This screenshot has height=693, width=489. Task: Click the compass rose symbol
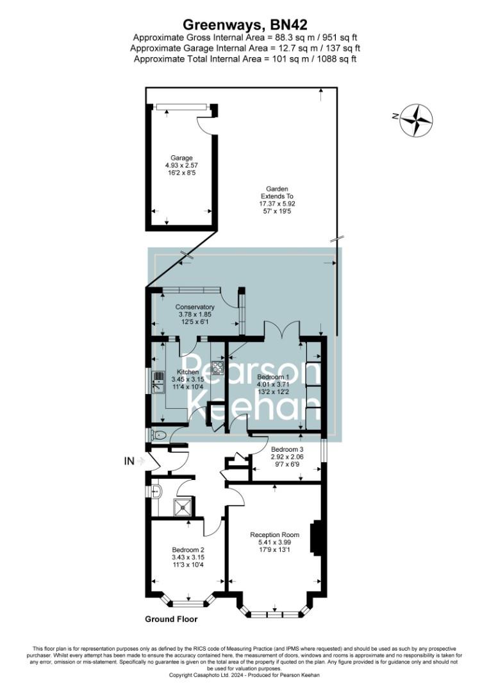(x=417, y=120)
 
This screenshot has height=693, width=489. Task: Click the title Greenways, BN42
(x=245, y=25)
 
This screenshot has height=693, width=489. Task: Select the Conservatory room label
(x=195, y=307)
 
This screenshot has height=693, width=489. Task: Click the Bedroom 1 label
(x=273, y=377)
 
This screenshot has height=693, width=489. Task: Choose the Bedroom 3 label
(x=286, y=449)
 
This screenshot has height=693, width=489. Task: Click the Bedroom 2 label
(x=188, y=550)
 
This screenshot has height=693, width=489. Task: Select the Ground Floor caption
(x=171, y=619)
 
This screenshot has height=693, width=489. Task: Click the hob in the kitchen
(x=217, y=368)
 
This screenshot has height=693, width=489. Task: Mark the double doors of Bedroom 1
(x=281, y=328)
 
